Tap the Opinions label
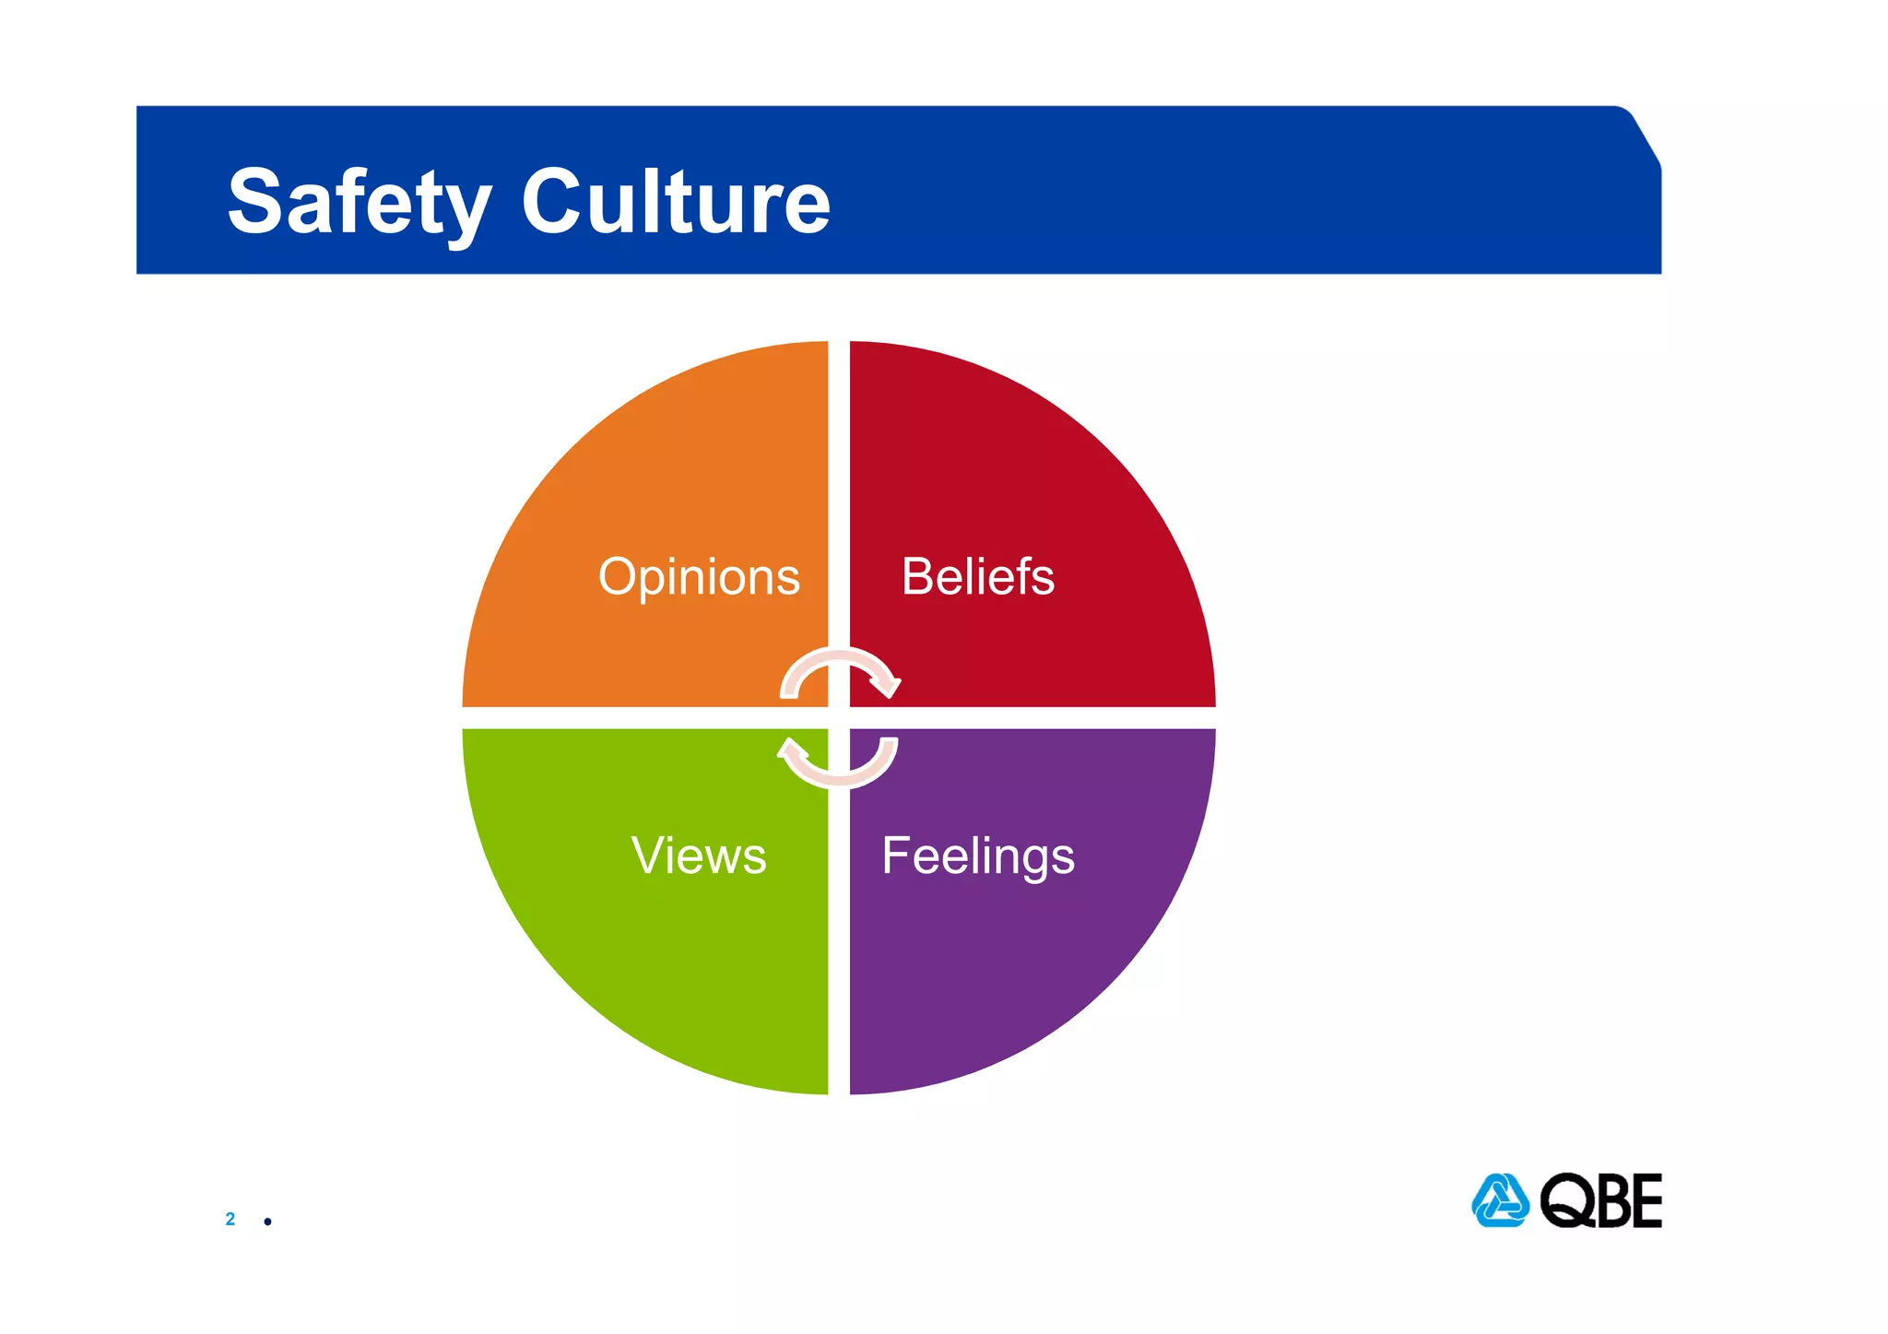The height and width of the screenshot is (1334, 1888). pos(699,577)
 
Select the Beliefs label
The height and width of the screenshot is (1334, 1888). pos(977,577)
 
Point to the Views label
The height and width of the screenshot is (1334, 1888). pos(699,856)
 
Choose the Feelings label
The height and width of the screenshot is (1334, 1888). pos(978,856)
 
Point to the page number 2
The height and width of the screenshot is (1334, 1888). pos(230,1219)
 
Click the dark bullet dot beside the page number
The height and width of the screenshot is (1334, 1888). pos(267,1222)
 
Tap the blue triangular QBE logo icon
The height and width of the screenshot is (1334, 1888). pos(1500,1200)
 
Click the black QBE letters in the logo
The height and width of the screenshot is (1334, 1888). pos(1601,1200)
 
